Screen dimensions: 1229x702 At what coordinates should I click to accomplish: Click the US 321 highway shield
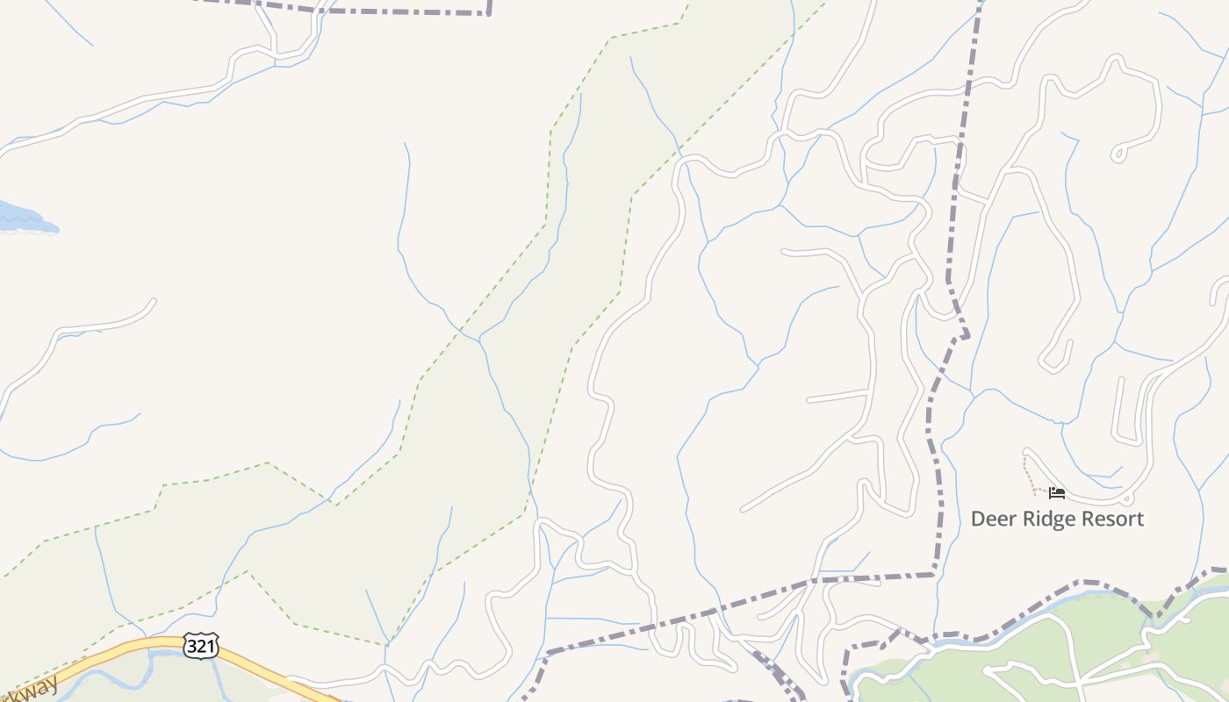[x=201, y=645]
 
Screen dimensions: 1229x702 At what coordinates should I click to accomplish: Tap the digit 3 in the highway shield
[x=193, y=645]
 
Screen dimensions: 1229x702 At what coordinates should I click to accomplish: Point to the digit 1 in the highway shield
[x=209, y=645]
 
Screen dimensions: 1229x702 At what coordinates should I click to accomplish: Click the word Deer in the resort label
[x=990, y=519]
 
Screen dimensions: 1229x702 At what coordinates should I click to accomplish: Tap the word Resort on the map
[x=1112, y=519]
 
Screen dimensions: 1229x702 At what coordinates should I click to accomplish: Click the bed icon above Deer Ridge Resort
[x=1057, y=493]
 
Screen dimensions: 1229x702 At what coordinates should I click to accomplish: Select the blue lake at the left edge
[x=22, y=218]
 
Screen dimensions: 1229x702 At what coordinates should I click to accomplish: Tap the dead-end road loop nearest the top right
[x=1118, y=154]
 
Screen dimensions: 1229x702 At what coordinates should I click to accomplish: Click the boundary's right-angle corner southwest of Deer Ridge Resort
[x=934, y=575]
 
